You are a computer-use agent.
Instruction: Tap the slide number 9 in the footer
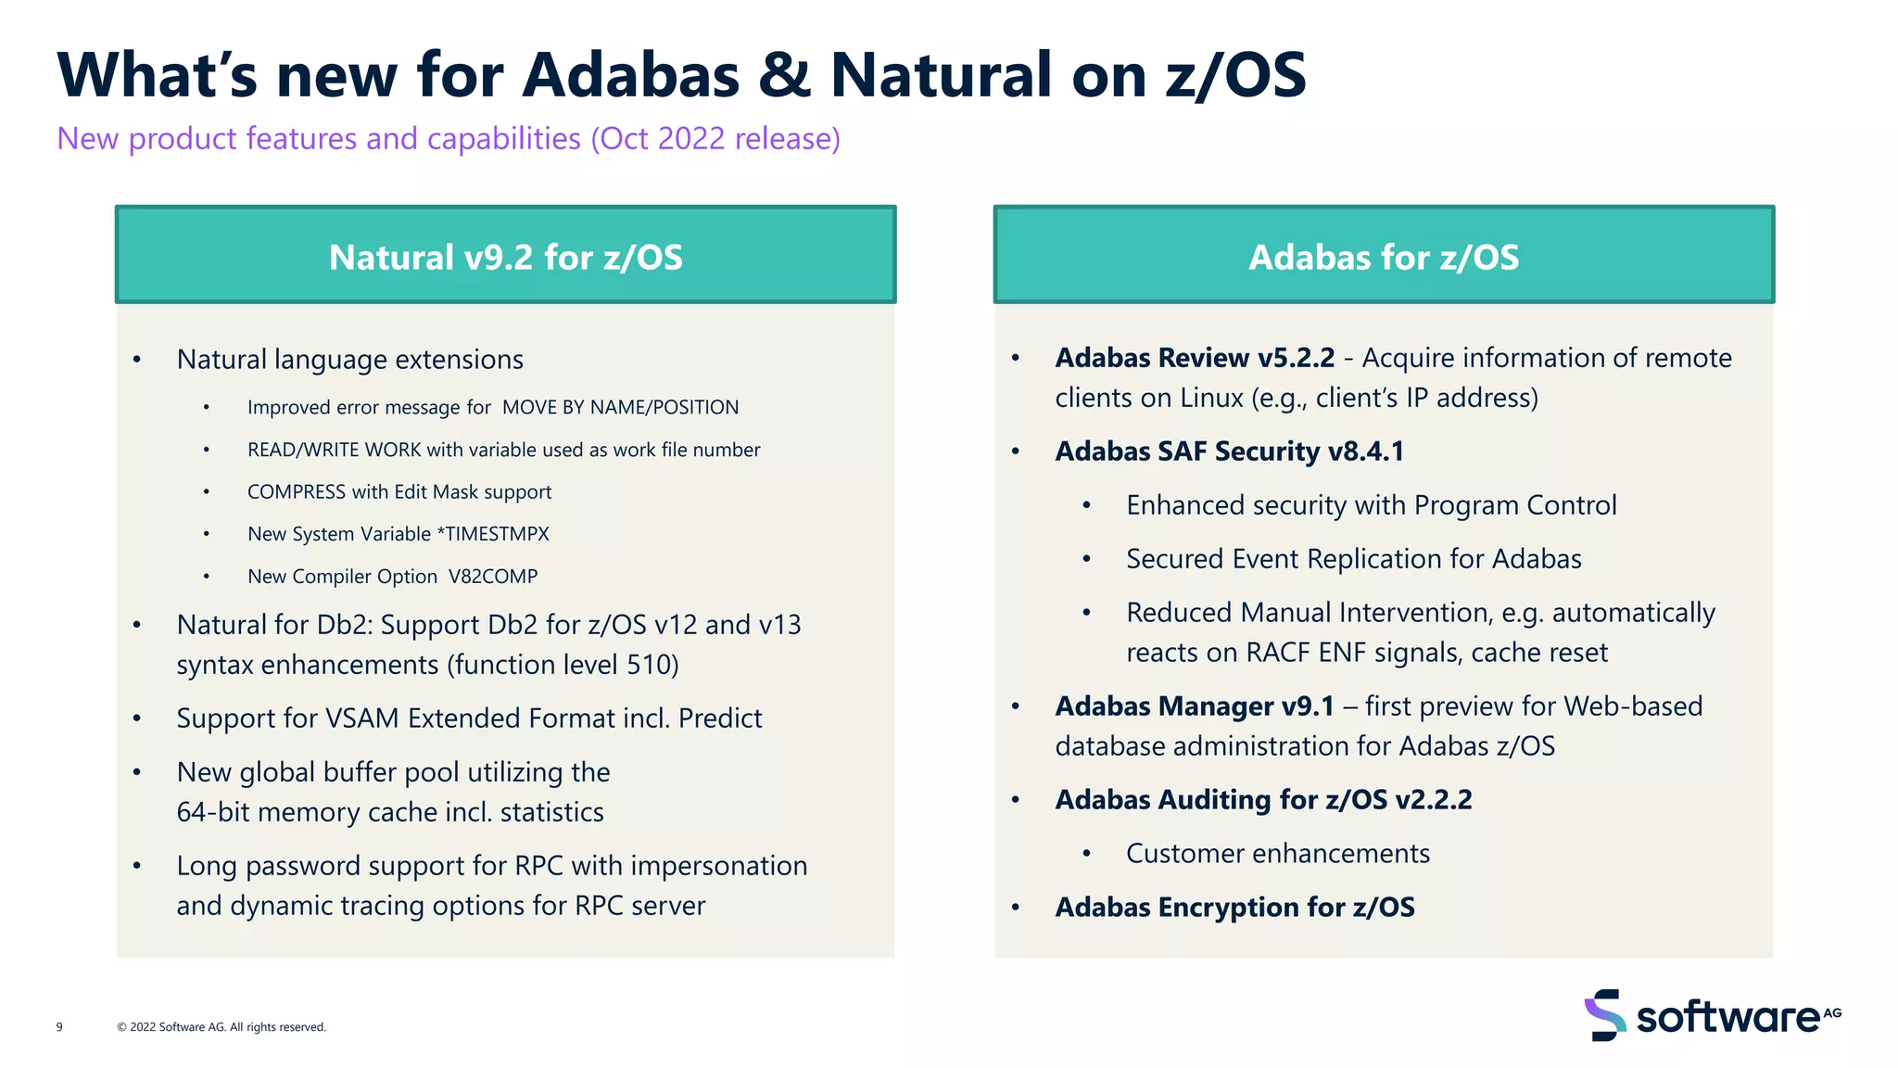[59, 1027]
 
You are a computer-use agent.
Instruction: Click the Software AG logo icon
[1604, 1015]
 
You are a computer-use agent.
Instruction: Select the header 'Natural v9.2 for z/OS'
[505, 257]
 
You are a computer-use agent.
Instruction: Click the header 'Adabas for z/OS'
[1384, 257]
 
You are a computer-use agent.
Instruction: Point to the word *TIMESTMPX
[493, 534]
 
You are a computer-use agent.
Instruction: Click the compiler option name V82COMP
[493, 577]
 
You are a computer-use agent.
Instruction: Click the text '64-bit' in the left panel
[213, 812]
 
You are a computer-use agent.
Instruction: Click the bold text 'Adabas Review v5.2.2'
[1195, 358]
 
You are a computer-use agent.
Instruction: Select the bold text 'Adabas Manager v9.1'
[1195, 706]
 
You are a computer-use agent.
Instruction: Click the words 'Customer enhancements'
[1278, 854]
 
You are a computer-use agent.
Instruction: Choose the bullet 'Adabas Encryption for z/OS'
[1234, 908]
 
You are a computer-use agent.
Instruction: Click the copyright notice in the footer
[221, 1027]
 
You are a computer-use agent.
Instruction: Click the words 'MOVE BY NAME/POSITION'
[620, 408]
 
